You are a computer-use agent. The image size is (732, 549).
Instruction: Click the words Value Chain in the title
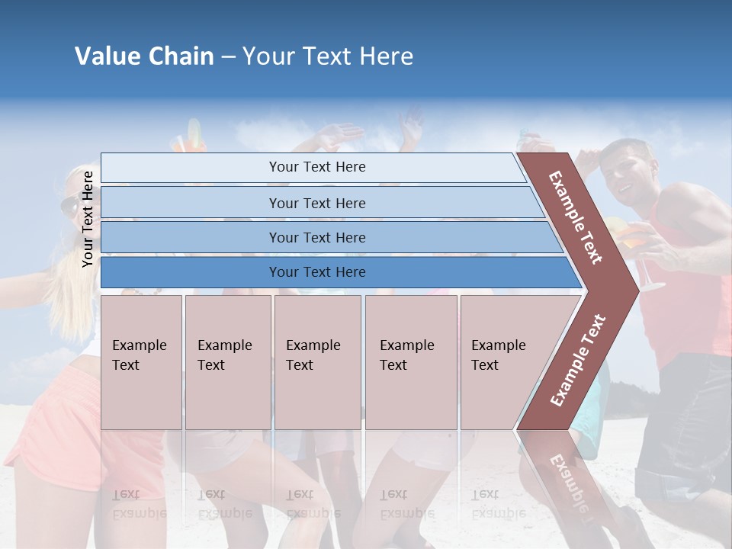tap(144, 56)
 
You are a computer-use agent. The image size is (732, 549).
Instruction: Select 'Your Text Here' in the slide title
tap(327, 56)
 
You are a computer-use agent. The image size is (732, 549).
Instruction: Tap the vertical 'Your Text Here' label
tap(88, 219)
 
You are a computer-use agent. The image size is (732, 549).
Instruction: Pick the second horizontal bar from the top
tap(316, 203)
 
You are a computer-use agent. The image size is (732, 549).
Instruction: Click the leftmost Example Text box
tap(141, 361)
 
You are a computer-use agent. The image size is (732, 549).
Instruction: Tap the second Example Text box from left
tap(227, 361)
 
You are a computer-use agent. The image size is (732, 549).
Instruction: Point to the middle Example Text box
tap(317, 361)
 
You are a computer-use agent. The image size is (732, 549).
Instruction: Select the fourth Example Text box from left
tap(410, 361)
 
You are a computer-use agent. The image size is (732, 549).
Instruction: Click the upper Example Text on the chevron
tap(576, 217)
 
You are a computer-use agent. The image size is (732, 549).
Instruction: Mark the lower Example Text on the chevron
tap(577, 360)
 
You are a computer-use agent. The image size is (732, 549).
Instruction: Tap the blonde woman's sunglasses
tap(69, 206)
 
